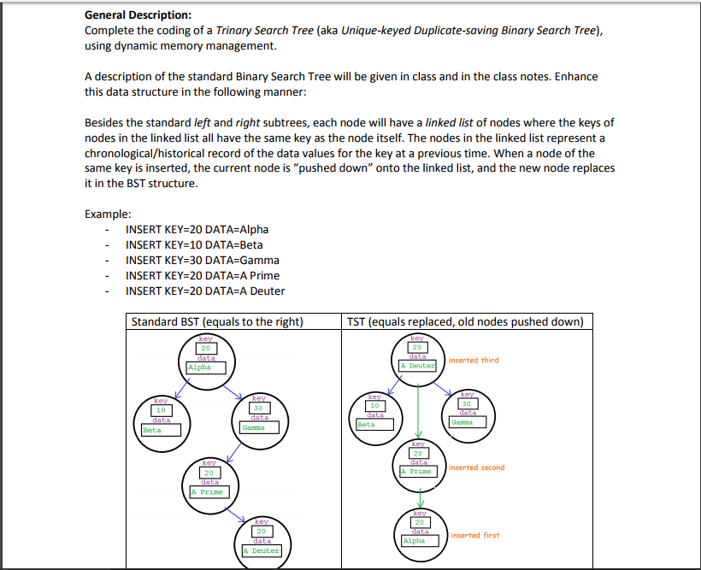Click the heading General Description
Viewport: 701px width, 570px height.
point(138,15)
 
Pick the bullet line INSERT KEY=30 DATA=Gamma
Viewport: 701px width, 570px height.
point(202,260)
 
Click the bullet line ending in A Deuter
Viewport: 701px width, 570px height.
point(205,291)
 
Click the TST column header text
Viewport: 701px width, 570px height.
point(465,322)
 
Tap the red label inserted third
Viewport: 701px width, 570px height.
point(474,361)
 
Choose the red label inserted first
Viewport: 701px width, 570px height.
point(474,535)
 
